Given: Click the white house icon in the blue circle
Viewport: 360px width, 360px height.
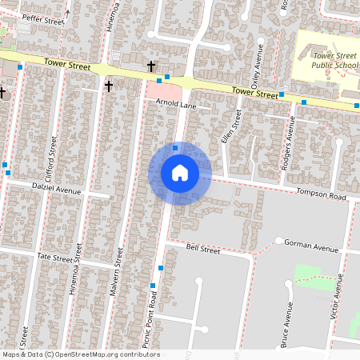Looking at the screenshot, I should click(179, 173).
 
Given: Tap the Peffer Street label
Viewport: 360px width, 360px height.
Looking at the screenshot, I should click(42, 18).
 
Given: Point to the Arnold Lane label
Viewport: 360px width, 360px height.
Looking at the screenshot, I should click(175, 104).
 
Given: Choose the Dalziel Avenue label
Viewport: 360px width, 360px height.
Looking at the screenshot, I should click(58, 191).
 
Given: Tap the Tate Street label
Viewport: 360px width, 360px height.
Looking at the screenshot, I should click(55, 258).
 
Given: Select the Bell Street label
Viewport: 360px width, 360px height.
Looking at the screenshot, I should click(202, 250).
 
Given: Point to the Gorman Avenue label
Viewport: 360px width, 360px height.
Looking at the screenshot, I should click(315, 248).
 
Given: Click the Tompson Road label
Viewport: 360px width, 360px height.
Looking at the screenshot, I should click(320, 195).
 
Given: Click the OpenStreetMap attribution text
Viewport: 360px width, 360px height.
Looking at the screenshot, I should click(81, 354).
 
